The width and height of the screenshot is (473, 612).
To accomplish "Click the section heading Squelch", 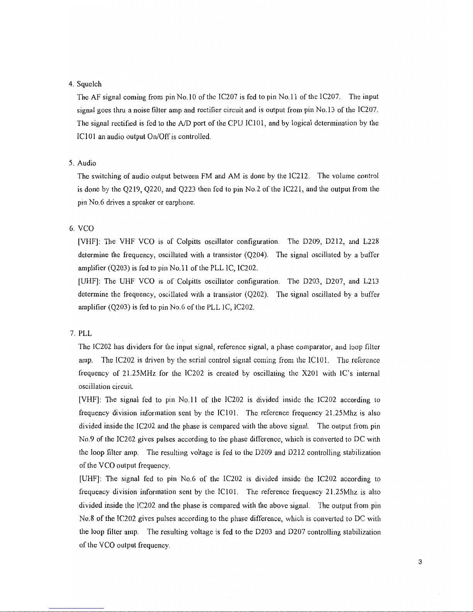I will coord(89,84).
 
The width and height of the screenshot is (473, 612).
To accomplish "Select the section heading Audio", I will coord(86,163).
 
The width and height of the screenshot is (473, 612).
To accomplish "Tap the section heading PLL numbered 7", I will coord(85,333).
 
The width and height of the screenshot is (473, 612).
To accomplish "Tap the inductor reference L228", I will coord(371,242).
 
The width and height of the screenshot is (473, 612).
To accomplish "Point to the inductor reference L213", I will coord(371,281).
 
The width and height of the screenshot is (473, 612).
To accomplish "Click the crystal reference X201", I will coord(310,374).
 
